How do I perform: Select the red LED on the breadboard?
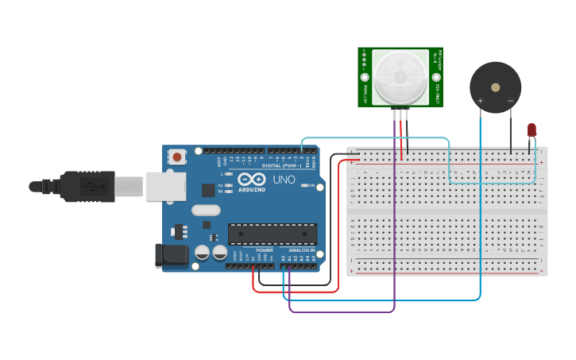pos(532,130)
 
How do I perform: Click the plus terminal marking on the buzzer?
pos(480,101)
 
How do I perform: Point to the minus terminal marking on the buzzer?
pos(510,101)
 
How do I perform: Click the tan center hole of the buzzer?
pos(496,87)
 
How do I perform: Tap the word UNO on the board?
pos(284,180)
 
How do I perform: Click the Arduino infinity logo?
pos(250,180)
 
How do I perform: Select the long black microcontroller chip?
pos(273,234)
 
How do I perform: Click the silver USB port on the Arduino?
pos(166,187)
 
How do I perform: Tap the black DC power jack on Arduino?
pos(170,255)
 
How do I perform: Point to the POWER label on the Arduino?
pos(265,250)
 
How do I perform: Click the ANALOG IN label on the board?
pos(301,250)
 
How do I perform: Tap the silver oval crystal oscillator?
pos(205,211)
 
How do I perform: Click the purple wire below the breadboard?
pos(342,312)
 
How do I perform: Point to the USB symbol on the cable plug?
pos(95,188)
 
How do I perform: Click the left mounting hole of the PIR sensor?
pos(365,78)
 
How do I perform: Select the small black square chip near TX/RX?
pos(208,190)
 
